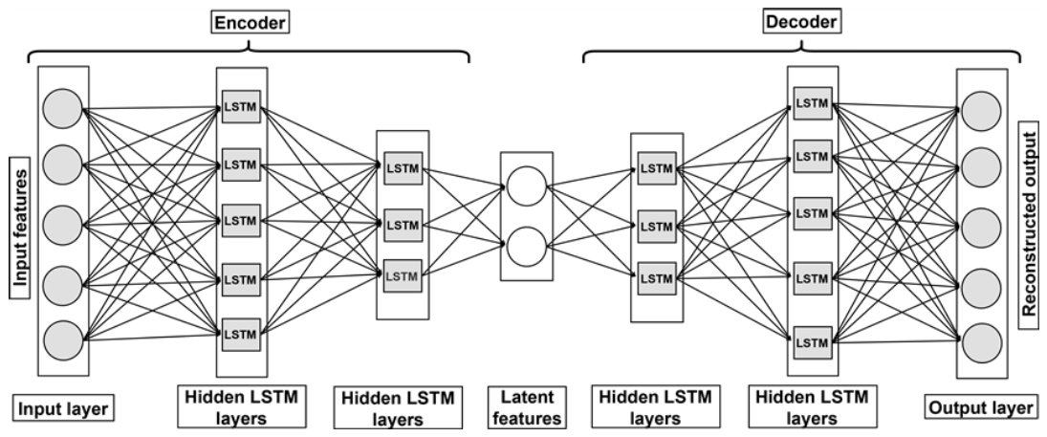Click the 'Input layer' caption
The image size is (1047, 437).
[x=63, y=409]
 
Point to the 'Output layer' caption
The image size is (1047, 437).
[x=980, y=408]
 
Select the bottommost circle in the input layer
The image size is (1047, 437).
[x=62, y=339]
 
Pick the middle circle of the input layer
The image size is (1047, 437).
[x=62, y=224]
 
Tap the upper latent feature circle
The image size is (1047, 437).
[x=524, y=187]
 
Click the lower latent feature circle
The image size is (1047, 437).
[x=524, y=250]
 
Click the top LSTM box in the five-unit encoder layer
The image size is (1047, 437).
[x=240, y=104]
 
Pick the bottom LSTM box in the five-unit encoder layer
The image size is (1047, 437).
[x=240, y=334]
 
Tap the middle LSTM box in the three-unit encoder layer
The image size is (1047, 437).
[x=403, y=224]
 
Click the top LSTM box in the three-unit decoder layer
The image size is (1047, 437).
[x=656, y=169]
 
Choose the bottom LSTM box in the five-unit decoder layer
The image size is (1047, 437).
[x=812, y=341]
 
